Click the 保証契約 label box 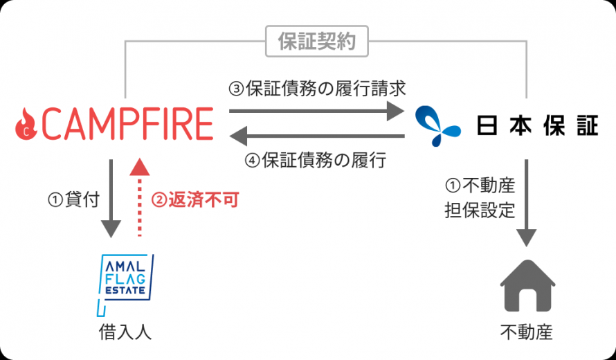tap(316, 42)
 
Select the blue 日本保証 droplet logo tap(437, 125)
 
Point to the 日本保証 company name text tap(537, 125)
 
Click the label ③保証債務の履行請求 tap(317, 89)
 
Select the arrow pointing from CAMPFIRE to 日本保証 tap(316, 111)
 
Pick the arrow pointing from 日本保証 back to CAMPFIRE tap(316, 136)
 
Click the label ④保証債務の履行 tap(316, 160)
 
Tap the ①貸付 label tap(73, 199)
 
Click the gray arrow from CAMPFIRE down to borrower tap(111, 199)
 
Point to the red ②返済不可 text tap(195, 200)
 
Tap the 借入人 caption tap(125, 332)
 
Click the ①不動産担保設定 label tap(480, 198)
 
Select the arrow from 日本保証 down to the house tap(527, 203)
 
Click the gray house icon tap(527, 286)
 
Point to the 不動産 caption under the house tap(527, 332)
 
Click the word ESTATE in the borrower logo tap(125, 291)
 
